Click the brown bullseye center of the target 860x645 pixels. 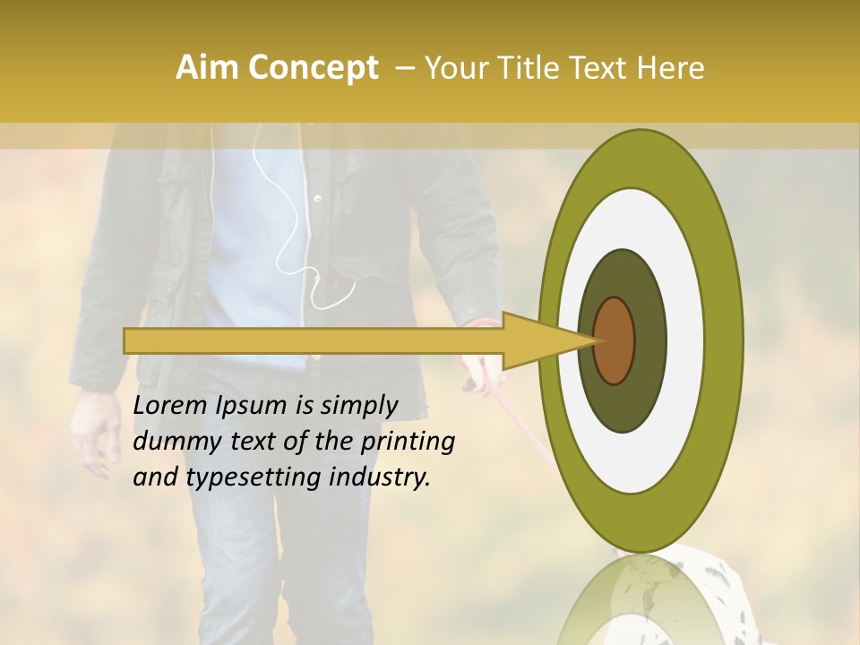coord(615,340)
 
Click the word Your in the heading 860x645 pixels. coord(454,68)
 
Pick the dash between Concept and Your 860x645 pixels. coord(405,68)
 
